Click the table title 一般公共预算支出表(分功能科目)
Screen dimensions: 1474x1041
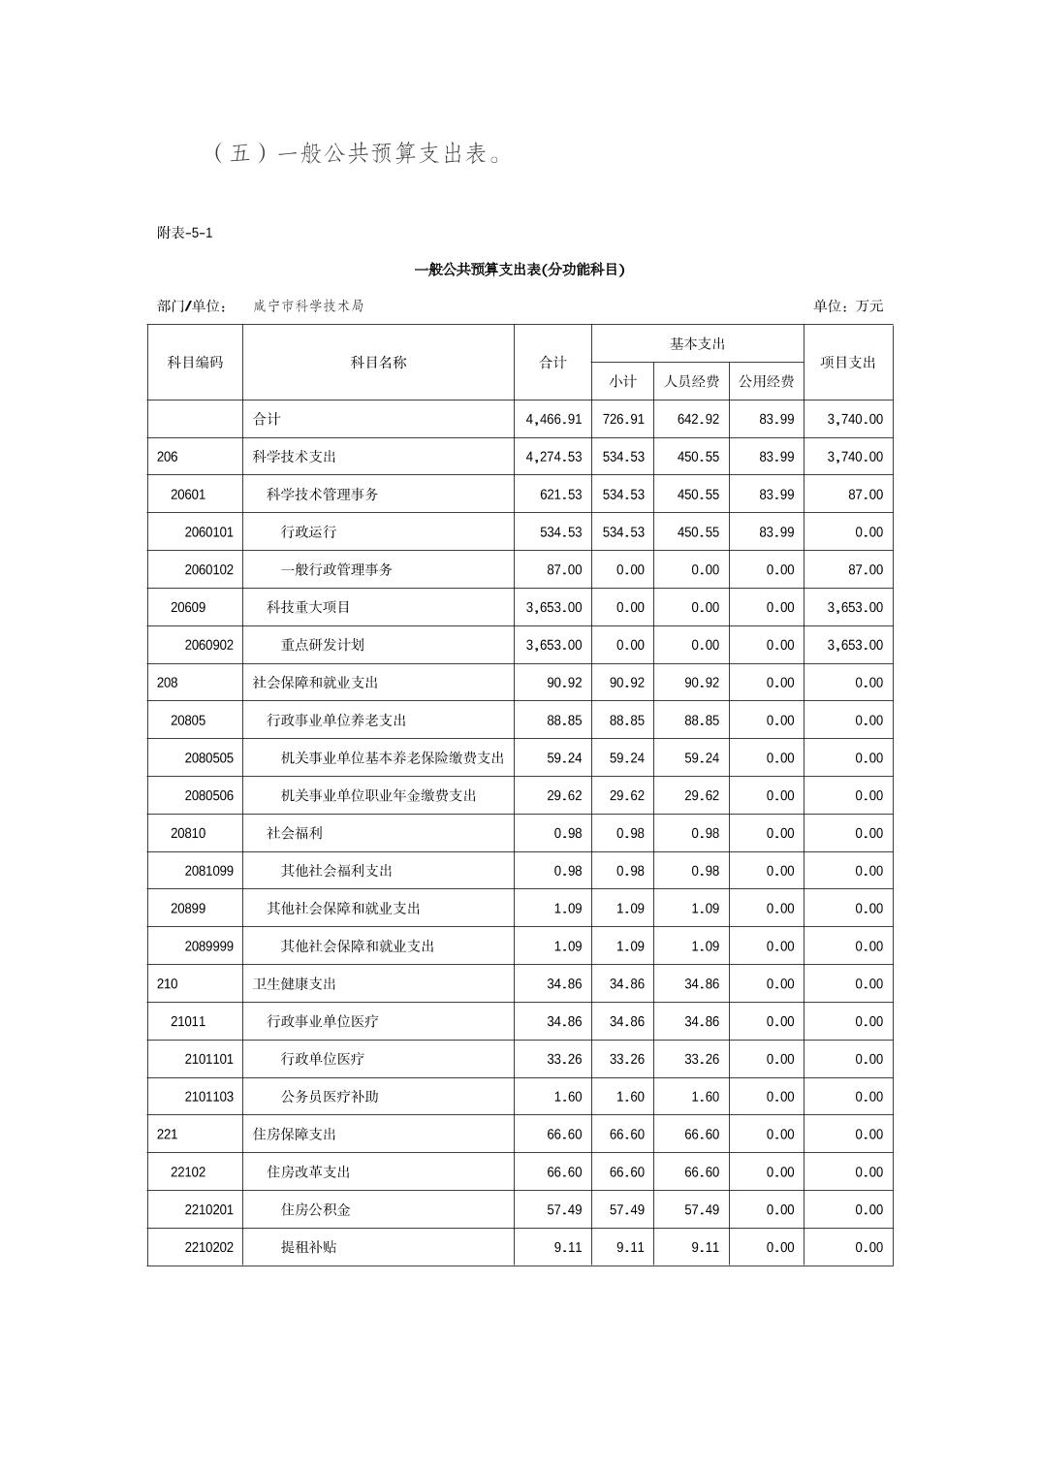520,270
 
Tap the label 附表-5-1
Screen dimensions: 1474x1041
184,233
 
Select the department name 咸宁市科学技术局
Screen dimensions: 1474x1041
308,305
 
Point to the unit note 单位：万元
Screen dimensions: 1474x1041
848,305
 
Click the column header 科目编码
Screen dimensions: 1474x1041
195,362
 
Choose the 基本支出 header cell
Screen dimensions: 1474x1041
697,343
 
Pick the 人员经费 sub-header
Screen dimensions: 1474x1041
691,381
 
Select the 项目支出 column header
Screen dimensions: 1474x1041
847,362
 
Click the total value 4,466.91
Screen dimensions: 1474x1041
553,419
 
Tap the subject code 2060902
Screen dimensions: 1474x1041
208,645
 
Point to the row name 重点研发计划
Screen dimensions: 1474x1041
323,645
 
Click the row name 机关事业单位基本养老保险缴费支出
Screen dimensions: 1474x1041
393,757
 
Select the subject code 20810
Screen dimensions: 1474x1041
188,833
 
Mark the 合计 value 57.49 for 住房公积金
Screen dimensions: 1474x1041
564,1209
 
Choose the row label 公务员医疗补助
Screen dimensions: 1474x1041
330,1097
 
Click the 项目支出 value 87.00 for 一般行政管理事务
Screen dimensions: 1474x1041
865,569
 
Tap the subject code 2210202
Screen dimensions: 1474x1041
208,1247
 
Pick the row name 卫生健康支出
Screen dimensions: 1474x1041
295,983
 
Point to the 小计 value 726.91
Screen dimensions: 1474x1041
622,419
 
